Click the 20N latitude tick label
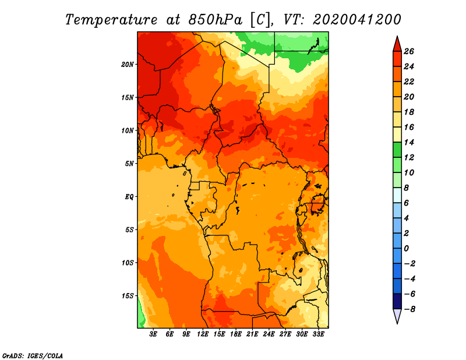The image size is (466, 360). pyautogui.click(x=128, y=65)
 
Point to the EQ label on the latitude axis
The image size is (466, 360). pyautogui.click(x=129, y=197)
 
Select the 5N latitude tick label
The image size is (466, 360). pyautogui.click(x=129, y=164)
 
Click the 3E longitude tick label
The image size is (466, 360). pyautogui.click(x=153, y=334)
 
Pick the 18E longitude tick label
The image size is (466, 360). pyautogui.click(x=236, y=334)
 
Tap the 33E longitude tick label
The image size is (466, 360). pyautogui.click(x=318, y=334)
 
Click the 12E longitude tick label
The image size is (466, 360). pyautogui.click(x=203, y=334)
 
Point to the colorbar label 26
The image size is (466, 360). pyautogui.click(x=409, y=51)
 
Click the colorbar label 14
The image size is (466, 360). pyautogui.click(x=409, y=142)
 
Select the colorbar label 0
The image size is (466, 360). pyautogui.click(x=406, y=248)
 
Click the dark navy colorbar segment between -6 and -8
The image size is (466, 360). pyautogui.click(x=397, y=301)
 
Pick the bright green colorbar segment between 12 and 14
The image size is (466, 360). pyautogui.click(x=397, y=150)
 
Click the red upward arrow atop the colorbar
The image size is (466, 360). pyautogui.click(x=397, y=44)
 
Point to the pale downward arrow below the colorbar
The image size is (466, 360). pyautogui.click(x=397, y=316)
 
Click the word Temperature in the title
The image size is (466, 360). pyautogui.click(x=111, y=20)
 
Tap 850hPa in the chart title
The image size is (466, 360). pyautogui.click(x=212, y=20)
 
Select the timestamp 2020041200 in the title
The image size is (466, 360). pyautogui.click(x=357, y=20)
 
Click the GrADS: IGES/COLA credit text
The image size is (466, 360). pyautogui.click(x=33, y=356)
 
